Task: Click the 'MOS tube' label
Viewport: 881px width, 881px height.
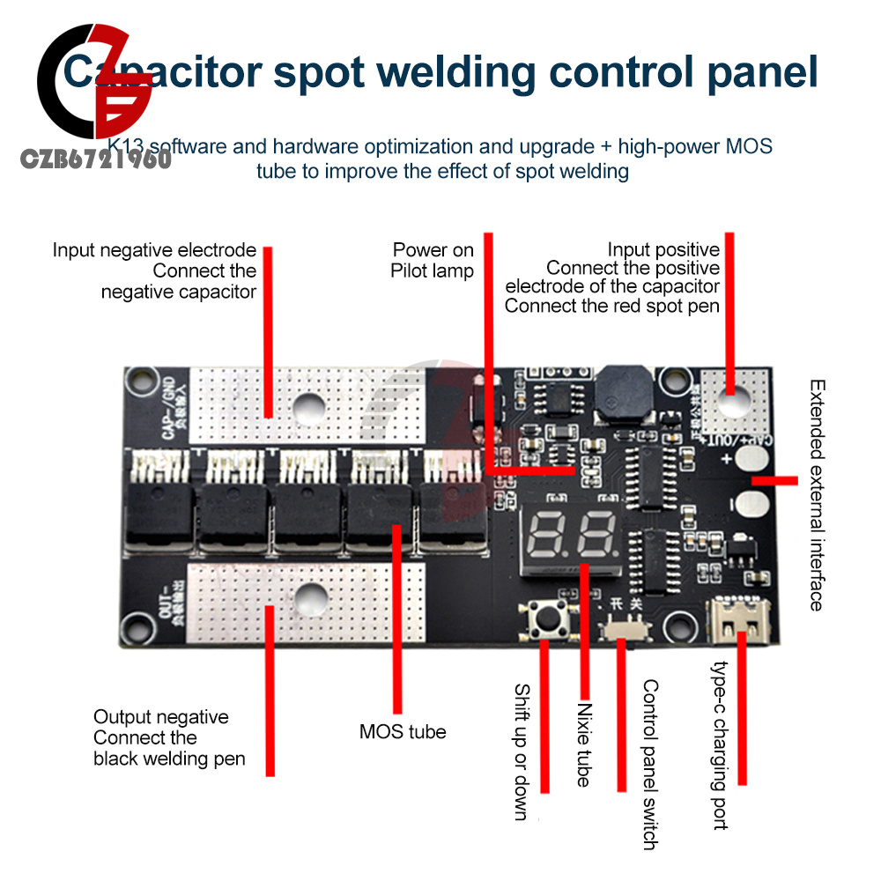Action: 403,731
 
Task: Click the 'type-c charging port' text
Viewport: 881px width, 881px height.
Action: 722,745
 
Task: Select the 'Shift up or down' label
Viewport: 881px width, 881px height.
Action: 522,752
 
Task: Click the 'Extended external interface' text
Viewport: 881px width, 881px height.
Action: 817,495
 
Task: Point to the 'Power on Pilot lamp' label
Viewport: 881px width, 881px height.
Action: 433,261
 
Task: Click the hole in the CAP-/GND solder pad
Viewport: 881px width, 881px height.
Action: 307,404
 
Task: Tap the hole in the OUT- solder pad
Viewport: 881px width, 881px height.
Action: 308,599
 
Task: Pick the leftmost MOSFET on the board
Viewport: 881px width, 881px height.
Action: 156,513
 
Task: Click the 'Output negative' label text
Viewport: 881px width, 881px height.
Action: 160,717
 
